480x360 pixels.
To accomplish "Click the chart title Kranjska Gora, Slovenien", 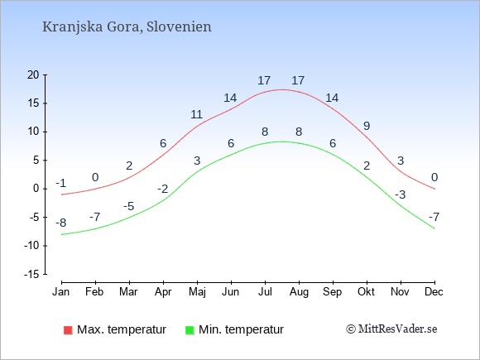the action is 127,27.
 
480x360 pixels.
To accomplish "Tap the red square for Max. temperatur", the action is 68,330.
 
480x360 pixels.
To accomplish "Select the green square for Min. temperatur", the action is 190,330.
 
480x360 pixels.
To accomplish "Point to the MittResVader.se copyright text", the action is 391,329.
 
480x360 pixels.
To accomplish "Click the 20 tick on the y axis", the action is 33,74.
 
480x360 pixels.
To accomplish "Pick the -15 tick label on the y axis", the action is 31,274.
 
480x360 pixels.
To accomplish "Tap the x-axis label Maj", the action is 197,292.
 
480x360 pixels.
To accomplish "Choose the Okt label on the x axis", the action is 366,292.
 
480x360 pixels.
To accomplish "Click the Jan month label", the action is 61,292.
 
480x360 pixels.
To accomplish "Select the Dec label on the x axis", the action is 434,292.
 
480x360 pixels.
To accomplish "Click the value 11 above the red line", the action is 196,114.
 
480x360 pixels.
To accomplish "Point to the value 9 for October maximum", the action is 367,126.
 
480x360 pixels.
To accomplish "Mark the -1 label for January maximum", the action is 61,183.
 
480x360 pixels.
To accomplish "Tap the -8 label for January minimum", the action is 61,223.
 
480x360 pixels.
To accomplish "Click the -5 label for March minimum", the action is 129,206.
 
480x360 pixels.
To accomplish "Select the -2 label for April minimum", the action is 163,189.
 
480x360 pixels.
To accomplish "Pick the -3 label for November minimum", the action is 401,194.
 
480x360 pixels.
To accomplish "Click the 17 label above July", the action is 264,80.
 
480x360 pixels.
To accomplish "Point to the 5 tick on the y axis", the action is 36,160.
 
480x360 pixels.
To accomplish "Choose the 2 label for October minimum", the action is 367,166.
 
